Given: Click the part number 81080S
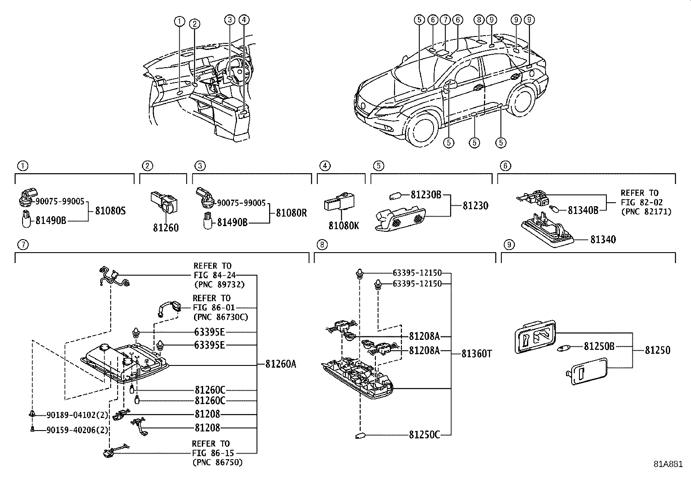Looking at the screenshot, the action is coord(110,211).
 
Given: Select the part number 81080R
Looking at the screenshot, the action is coord(291,213).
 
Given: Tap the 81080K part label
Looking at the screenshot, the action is coord(344,226).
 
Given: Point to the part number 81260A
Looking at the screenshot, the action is coord(280,364).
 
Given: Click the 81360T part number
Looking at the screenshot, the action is coord(477,354).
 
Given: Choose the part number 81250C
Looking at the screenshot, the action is coord(424,435).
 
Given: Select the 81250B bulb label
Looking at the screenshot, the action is coord(599,346).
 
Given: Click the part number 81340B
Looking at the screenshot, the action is coord(583,210).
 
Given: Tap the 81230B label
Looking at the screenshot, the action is coord(426,195).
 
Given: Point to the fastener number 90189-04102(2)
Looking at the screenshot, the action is coord(77,415).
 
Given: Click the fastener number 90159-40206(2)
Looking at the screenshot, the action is coord(77,430).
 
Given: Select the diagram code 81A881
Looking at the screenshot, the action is coord(668,464).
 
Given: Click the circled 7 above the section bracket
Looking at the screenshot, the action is coord(23,245).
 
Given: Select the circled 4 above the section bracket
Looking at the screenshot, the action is coord(325,166).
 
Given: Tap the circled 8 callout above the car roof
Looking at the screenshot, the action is coord(479,20).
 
